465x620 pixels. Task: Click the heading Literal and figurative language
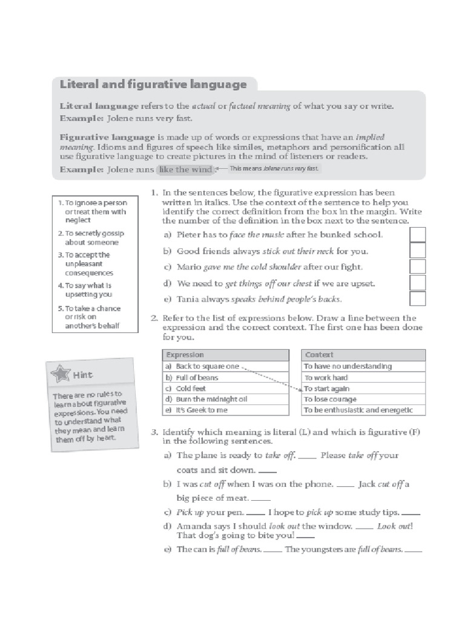pyautogui.click(x=153, y=84)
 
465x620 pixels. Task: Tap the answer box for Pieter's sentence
pyautogui.click(x=417, y=234)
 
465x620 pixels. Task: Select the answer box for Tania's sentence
pyautogui.click(x=417, y=299)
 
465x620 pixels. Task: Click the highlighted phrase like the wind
pyautogui.click(x=185, y=170)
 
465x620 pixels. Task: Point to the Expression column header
pyautogui.click(x=185, y=355)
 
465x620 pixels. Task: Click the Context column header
pyautogui.click(x=318, y=355)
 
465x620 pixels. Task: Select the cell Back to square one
pyautogui.click(x=207, y=366)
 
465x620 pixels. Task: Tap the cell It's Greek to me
pyautogui.click(x=202, y=410)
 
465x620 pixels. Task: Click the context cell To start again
pyautogui.click(x=326, y=389)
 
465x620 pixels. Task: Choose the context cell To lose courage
pyautogui.click(x=330, y=400)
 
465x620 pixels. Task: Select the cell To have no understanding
pyautogui.click(x=348, y=366)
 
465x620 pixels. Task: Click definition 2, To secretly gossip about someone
pyautogui.click(x=91, y=237)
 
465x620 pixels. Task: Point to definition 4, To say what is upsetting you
pyautogui.click(x=88, y=289)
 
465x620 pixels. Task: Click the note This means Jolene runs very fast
pyautogui.click(x=273, y=169)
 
